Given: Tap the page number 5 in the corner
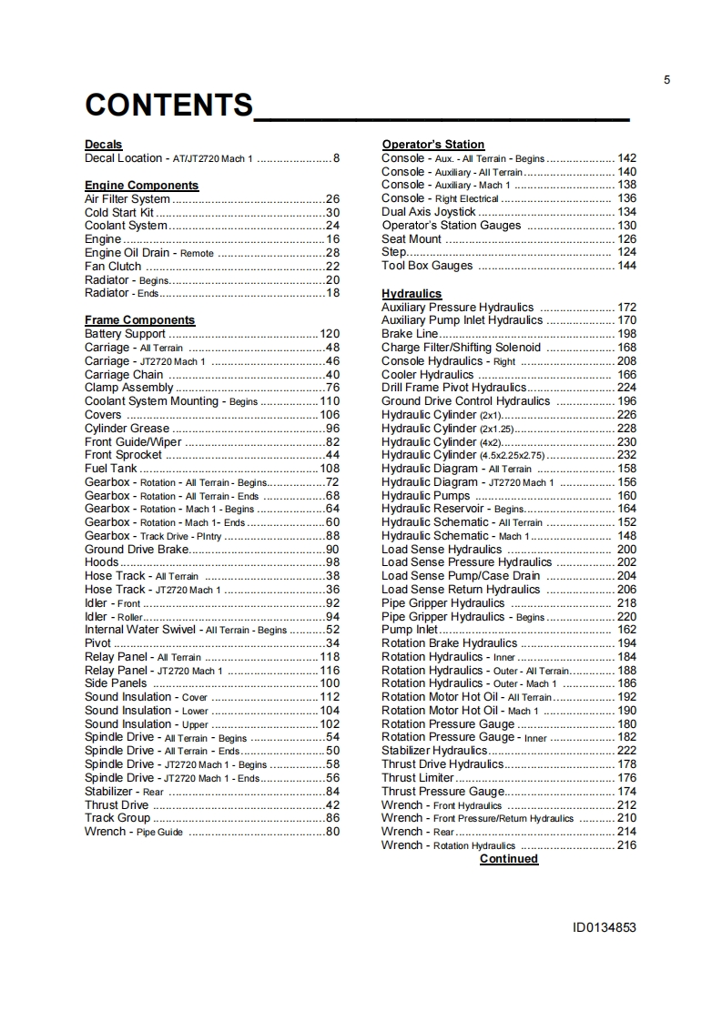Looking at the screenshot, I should pos(666,80).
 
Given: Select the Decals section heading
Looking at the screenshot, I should pos(103,145).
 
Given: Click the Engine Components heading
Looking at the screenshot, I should pos(141,186).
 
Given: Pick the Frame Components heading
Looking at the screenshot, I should pos(139,320).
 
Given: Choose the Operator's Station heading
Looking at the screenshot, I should pos(432,145).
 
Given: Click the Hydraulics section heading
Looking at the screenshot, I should pos(411,294).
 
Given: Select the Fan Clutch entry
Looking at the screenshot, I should pos(113,267).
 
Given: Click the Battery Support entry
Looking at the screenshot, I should pos(125,334).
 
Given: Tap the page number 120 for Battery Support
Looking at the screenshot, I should pos(330,334).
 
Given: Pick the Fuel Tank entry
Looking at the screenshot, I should pos(110,469).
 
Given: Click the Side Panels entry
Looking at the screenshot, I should pos(116,683).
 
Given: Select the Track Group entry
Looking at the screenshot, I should pos(117,818).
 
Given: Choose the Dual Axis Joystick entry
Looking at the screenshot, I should pos(428,212).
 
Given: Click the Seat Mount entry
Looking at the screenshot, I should pos(411,239).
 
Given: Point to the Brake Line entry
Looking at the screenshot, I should pos(409,334).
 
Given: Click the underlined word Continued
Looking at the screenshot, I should pos(508,859).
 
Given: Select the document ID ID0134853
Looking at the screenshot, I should pos(604,928).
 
